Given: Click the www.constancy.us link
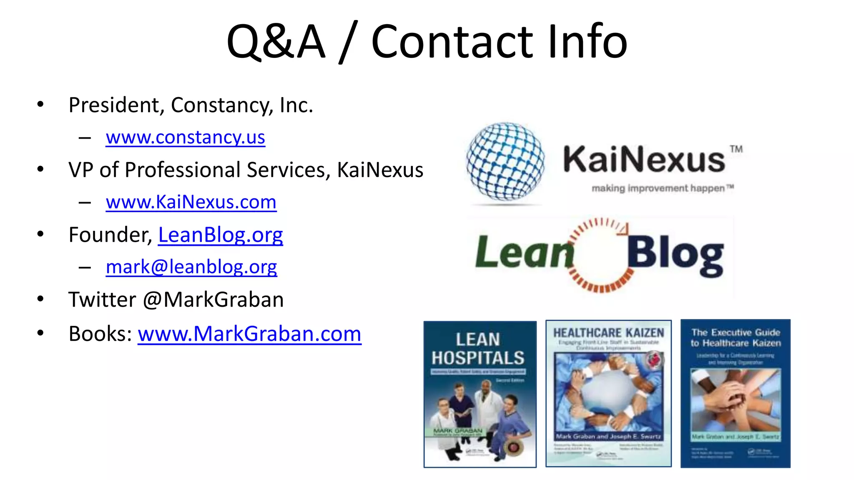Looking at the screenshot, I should tap(185, 137).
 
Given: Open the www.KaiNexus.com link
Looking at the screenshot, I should tap(191, 202).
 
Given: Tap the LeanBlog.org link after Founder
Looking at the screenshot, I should tap(220, 235).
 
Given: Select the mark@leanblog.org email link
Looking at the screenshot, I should tap(191, 267).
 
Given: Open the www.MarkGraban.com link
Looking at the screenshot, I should tap(249, 334).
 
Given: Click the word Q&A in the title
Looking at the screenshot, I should tap(276, 42).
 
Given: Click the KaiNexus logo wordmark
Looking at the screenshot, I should tap(644, 160).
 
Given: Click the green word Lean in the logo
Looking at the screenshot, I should tap(524, 252).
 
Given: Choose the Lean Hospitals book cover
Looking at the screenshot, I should tap(480, 394).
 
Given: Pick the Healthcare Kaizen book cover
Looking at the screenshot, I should tap(608, 393).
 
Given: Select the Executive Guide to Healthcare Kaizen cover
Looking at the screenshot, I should tap(735, 393).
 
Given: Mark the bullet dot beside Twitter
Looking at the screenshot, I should tap(40, 299).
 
